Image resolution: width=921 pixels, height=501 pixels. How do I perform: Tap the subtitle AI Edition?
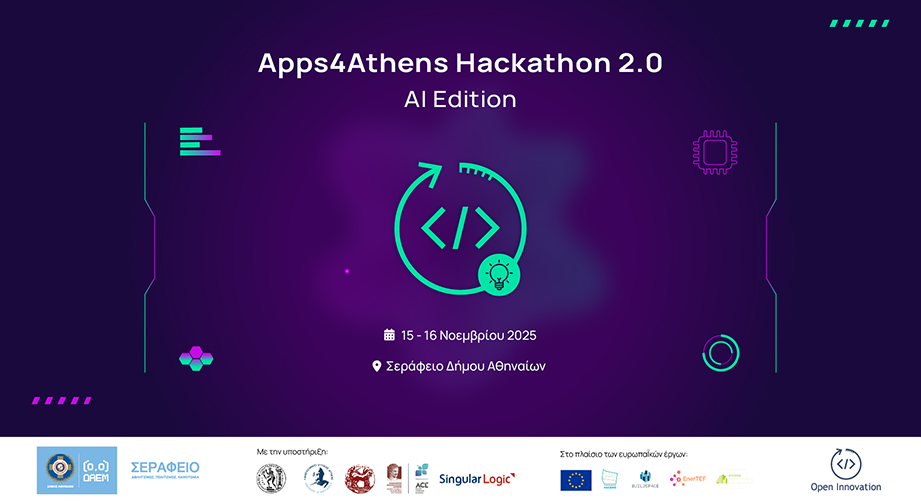pos(460,100)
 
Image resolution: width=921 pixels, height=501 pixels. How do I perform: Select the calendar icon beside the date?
pos(390,335)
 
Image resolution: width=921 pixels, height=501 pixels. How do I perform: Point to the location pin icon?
pos(377,366)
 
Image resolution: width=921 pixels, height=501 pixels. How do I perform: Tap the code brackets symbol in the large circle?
pos(459,228)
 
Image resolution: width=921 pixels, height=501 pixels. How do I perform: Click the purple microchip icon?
pos(715,152)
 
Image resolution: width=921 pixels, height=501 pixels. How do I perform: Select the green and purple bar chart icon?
pos(198,141)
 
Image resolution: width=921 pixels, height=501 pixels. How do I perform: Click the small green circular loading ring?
pos(721,353)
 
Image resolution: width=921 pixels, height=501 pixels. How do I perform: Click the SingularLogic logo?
pos(477,478)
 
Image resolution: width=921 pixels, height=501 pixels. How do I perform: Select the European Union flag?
pos(575,479)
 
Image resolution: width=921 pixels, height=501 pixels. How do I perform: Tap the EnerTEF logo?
pos(689,478)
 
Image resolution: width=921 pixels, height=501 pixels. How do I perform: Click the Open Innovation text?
pos(845,487)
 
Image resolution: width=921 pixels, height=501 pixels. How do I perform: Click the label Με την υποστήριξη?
pos(292,452)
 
